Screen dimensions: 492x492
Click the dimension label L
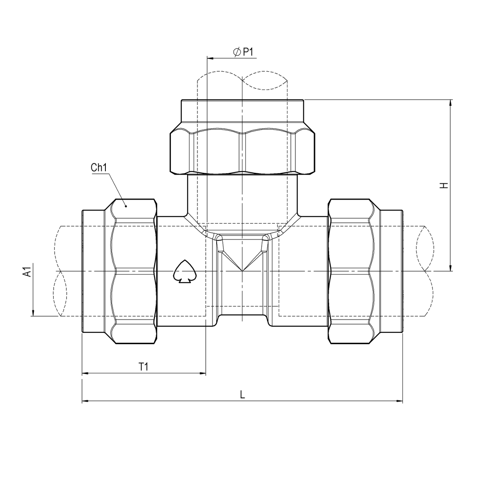coord(242,394)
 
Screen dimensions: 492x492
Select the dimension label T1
coord(144,367)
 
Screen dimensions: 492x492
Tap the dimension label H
coord(445,185)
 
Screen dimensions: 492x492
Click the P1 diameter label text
coord(248,52)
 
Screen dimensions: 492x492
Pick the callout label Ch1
coord(99,168)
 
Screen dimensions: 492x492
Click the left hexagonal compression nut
coord(134,272)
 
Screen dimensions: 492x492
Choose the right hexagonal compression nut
coord(349,272)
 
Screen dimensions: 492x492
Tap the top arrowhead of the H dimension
coord(450,103)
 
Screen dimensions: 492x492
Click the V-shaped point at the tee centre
coord(242,270)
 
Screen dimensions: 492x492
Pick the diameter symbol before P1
coord(237,52)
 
